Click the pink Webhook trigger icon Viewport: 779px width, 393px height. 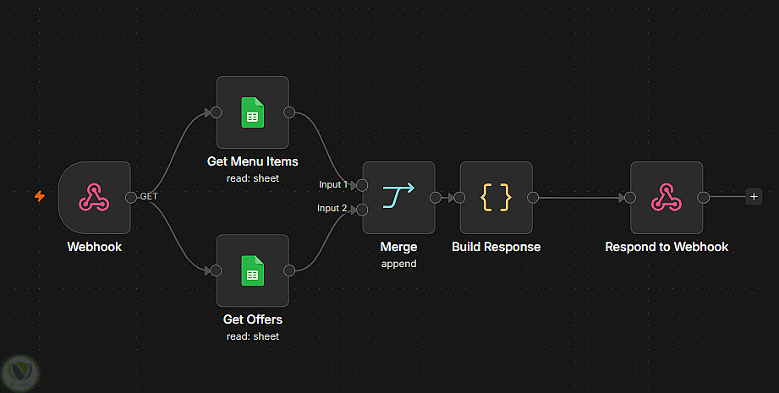click(x=94, y=198)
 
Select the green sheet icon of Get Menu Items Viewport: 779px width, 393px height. click(x=252, y=112)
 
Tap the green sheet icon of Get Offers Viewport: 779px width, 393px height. click(x=252, y=270)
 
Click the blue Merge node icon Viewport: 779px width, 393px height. click(x=398, y=195)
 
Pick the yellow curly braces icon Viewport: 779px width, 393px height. click(x=496, y=198)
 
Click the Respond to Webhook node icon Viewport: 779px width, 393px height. click(x=667, y=198)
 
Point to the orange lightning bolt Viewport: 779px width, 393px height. click(x=40, y=196)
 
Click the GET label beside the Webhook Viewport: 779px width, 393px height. click(x=149, y=196)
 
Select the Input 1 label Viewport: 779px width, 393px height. click(x=333, y=184)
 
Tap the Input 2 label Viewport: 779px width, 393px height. click(x=332, y=209)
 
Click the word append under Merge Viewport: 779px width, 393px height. click(x=398, y=264)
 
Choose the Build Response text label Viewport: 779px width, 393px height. click(x=496, y=247)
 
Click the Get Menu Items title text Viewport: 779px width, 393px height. click(x=252, y=161)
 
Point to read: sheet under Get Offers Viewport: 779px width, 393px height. click(x=252, y=336)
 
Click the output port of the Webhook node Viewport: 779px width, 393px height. click(x=130, y=198)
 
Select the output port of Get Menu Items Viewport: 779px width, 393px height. click(x=289, y=112)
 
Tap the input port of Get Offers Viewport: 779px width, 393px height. click(x=216, y=270)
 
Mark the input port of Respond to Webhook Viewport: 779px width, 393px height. click(x=630, y=198)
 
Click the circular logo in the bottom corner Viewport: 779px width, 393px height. click(x=20, y=373)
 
